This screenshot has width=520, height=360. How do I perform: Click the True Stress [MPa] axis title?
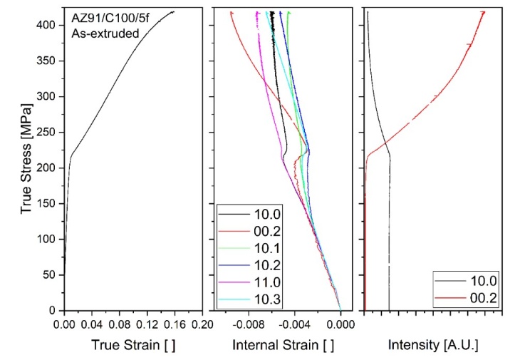pyautogui.click(x=26, y=159)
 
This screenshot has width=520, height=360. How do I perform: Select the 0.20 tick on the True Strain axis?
pyautogui.click(x=203, y=323)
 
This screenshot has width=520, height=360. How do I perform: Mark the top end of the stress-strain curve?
pyautogui.click(x=173, y=11)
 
